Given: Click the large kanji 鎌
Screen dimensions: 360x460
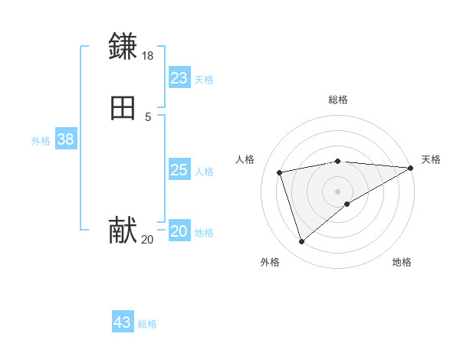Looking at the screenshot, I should coord(123,47).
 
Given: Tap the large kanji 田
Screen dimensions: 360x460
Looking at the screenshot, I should coord(123,109).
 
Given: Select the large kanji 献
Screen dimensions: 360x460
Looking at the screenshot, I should coord(123,230).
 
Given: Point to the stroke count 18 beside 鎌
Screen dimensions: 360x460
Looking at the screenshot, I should coord(147,56).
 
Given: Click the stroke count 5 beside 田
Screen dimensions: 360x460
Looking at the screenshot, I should coord(148,117).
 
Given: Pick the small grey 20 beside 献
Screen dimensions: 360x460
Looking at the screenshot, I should coord(147,240).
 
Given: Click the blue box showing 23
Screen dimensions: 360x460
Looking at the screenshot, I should coord(179,78).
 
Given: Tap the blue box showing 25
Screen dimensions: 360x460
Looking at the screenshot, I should coord(179,170).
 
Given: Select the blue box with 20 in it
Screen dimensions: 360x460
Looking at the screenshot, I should coord(179,231).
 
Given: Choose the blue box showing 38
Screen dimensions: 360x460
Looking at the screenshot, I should coord(65,139).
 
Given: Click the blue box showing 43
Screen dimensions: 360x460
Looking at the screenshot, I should coord(123,322).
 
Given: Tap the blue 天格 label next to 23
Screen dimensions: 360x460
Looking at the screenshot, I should coord(204,80).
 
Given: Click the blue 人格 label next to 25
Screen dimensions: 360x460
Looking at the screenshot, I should coord(204,172).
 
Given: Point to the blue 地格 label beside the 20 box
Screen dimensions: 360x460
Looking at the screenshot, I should coord(204,233).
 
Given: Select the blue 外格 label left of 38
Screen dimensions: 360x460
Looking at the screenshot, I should coord(41,141).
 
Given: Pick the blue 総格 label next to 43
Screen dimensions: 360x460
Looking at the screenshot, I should coord(147,324).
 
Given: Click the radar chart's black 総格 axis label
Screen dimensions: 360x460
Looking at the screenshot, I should coord(338,100).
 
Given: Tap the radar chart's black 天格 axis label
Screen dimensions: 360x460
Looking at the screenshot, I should coord(431,159).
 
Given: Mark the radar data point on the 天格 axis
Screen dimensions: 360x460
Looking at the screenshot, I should coord(411,168).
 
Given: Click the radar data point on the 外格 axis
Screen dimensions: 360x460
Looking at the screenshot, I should coord(301,242).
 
